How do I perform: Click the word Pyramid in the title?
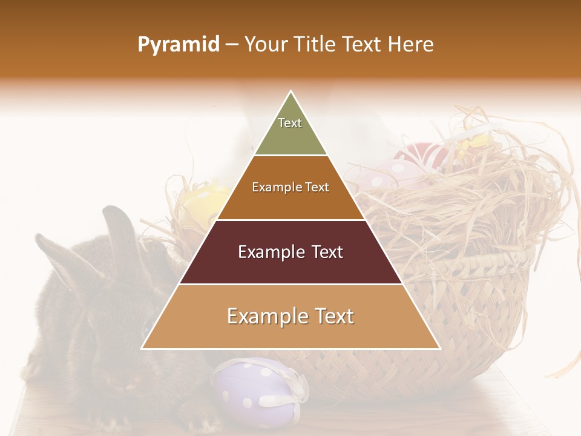coord(178,45)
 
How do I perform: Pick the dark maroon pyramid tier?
coord(290,266)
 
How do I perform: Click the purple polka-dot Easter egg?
coord(254,394)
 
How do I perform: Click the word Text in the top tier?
coord(290,123)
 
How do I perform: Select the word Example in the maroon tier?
coord(263,252)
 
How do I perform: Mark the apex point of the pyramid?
coord(291,91)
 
